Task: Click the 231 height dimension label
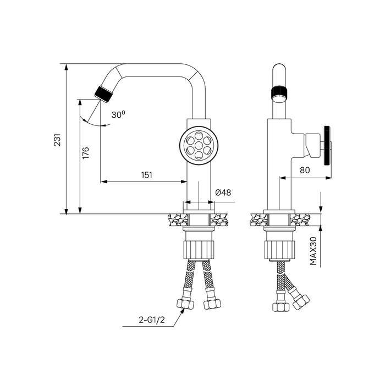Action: (x=57, y=140)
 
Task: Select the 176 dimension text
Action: (x=86, y=153)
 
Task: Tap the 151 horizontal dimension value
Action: (x=147, y=175)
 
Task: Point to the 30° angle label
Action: (x=118, y=114)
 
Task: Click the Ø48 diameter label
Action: (x=223, y=193)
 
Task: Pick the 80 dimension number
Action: (x=305, y=170)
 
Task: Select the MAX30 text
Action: (x=313, y=251)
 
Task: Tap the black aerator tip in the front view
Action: (x=103, y=94)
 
